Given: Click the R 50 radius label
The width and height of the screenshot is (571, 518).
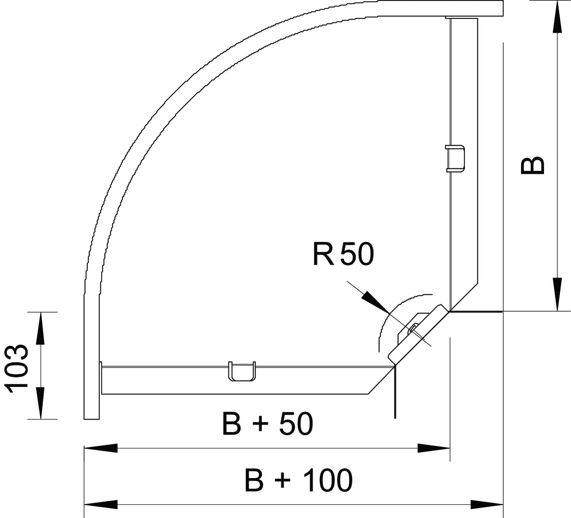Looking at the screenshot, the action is click(x=343, y=254).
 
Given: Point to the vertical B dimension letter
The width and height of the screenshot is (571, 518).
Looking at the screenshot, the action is click(x=532, y=165).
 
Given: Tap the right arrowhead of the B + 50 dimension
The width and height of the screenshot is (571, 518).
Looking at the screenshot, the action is click(x=434, y=448).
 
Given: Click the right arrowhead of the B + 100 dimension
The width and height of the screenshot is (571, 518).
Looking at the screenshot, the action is click(x=487, y=505).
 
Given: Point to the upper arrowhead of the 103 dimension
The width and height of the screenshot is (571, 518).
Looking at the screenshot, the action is click(x=41, y=329).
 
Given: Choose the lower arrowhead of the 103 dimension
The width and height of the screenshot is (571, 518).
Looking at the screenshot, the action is click(x=41, y=403).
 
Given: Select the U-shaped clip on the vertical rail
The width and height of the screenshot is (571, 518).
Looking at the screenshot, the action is click(x=455, y=159).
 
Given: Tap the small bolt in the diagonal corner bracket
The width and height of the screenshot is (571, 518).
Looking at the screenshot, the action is click(x=413, y=328).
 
